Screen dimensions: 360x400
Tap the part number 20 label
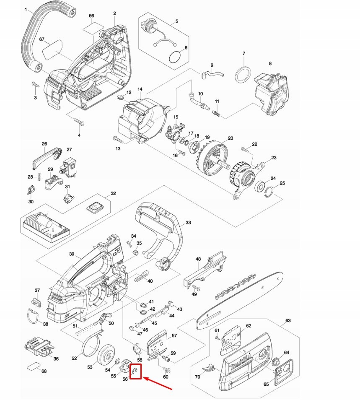231,138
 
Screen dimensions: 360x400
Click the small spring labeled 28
39,177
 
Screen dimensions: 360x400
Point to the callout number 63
288,320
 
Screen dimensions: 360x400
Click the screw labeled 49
196,288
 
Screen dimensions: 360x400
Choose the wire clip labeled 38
32,316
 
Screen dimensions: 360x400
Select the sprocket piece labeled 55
125,365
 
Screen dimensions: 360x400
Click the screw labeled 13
118,140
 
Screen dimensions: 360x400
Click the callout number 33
188,223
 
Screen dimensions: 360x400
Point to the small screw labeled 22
245,149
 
